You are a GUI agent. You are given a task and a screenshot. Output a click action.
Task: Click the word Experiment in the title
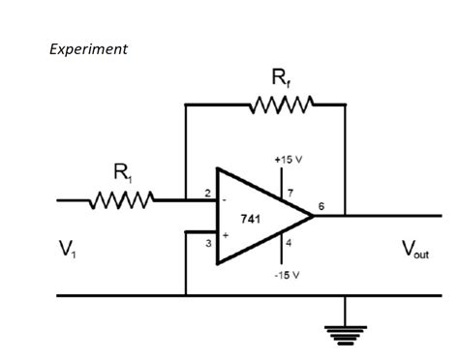[x=88, y=49]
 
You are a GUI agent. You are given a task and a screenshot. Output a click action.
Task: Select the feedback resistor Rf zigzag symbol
[x=282, y=104]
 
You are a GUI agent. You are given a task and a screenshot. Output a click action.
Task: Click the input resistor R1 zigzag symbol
[x=120, y=201]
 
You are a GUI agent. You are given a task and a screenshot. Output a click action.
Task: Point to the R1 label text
[x=123, y=173]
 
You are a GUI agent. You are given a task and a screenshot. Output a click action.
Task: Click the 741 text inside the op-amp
[x=250, y=220]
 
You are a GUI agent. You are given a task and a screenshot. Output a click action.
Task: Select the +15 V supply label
[x=288, y=157]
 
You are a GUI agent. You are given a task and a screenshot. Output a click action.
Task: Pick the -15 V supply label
[x=288, y=275]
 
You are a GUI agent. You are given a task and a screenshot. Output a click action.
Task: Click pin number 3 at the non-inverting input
[x=207, y=243]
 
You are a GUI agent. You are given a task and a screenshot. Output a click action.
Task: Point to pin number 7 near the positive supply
[x=290, y=195]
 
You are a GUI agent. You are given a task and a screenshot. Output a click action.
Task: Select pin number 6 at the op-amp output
[x=321, y=206]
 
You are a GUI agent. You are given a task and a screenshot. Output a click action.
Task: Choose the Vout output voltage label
[x=414, y=250]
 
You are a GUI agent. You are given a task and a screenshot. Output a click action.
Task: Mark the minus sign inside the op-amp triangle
[x=226, y=199]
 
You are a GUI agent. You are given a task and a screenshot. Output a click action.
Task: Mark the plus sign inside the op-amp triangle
[x=226, y=234]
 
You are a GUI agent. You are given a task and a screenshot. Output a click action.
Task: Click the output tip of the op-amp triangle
[x=314, y=216]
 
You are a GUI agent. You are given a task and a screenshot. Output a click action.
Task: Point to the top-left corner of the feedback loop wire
[x=185, y=104]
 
